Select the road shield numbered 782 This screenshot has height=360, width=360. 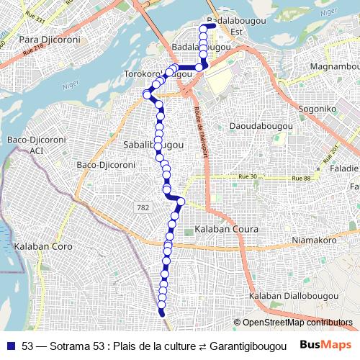pos(143,207)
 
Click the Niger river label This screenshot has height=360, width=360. pos(70,86)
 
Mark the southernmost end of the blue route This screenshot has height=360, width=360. pos(162,314)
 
